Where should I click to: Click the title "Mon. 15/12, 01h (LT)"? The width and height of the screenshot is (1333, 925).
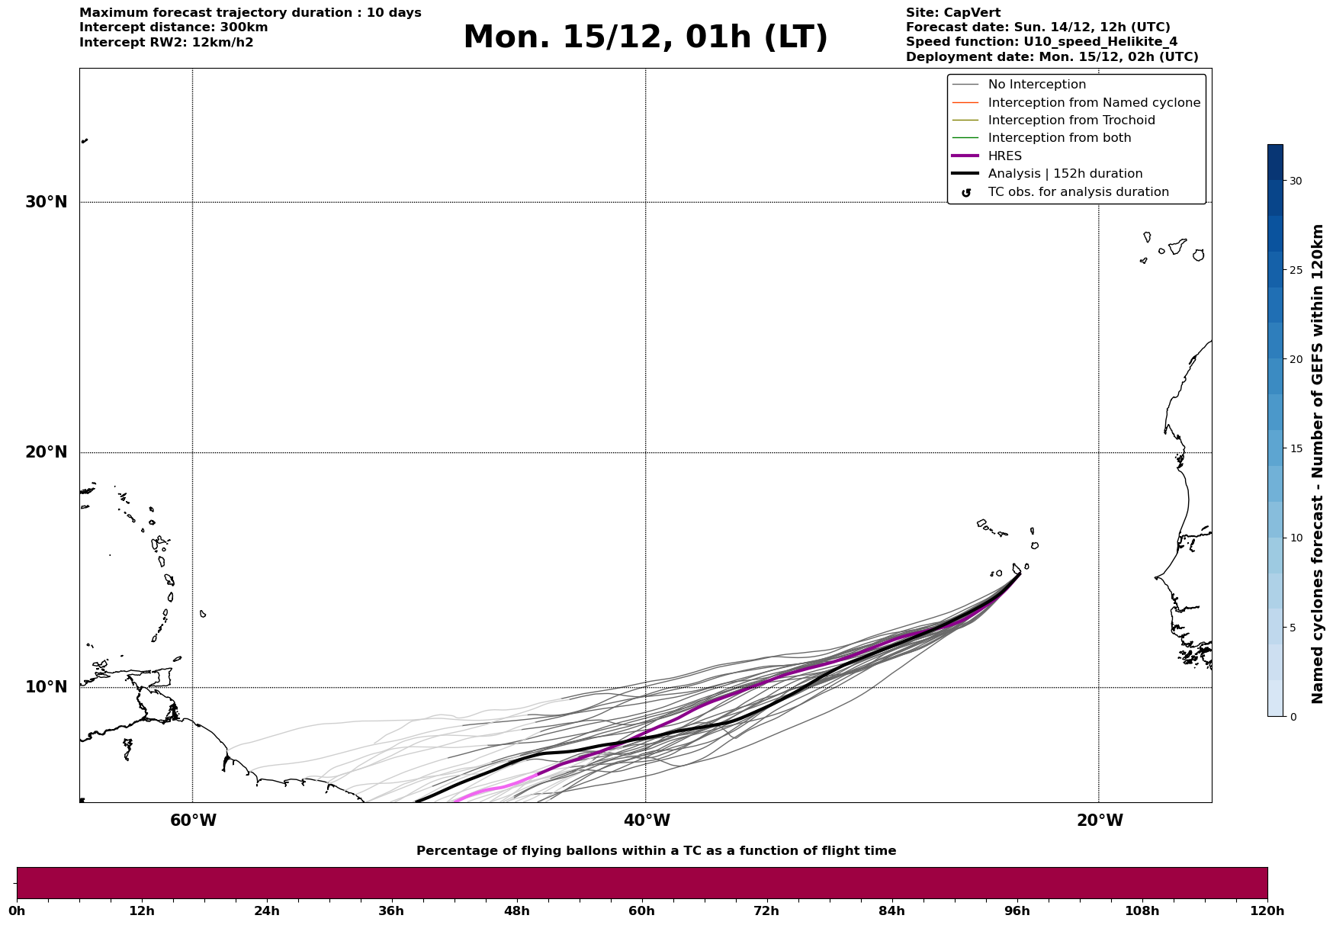645,37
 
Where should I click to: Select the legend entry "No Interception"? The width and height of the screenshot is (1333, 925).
1036,85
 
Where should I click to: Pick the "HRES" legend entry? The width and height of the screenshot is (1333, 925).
1004,156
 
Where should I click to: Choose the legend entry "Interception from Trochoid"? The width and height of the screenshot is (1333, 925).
1071,120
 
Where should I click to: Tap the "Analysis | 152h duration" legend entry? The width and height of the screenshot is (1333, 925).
1065,174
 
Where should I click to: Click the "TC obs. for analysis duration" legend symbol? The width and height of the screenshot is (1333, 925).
966,193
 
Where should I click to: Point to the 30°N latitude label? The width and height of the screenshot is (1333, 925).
47,202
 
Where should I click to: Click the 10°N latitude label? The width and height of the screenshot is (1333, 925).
47,687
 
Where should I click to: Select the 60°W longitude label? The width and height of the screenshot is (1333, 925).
193,821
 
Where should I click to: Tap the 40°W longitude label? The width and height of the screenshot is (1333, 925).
647,821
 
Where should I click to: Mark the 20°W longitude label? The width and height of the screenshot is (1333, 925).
1100,821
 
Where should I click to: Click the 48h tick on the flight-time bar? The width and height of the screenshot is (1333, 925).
516,911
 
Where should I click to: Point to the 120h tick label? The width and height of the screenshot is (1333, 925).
1267,911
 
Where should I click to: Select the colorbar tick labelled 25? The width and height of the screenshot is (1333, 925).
1295,270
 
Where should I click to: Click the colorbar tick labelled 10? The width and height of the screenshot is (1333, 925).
1295,538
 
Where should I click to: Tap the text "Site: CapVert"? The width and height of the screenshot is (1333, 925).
952,13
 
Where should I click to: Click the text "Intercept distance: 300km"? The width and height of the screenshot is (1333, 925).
173,27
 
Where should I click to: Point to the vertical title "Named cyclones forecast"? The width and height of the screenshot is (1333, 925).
1317,463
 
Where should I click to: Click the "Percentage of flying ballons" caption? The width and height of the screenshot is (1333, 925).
656,851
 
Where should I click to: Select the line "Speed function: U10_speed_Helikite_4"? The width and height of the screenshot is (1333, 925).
1041,42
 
